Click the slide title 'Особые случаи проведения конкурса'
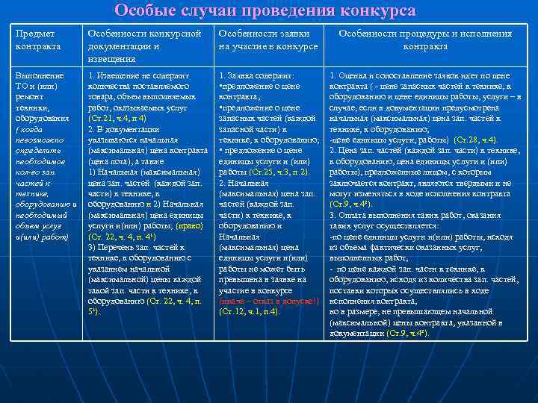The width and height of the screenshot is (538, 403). point(265,10)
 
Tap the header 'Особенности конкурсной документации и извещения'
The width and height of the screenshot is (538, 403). point(145,46)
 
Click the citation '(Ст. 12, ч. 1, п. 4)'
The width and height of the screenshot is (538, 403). point(250,310)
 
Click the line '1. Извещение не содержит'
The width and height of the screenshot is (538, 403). point(138,76)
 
